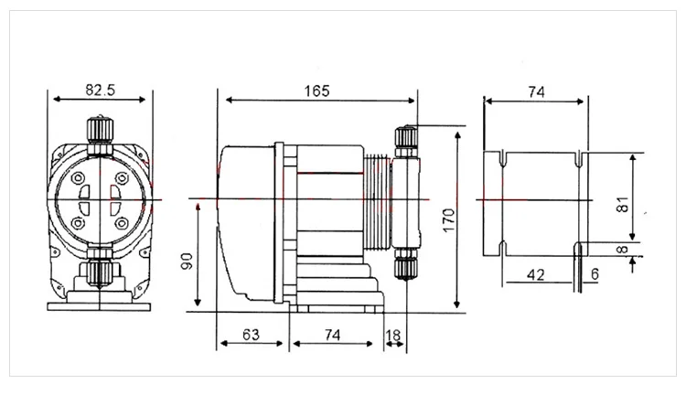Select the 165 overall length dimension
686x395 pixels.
pyautogui.click(x=316, y=91)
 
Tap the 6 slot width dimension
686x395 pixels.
pyautogui.click(x=596, y=273)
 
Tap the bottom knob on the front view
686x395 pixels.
pyautogui.click(x=100, y=272)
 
